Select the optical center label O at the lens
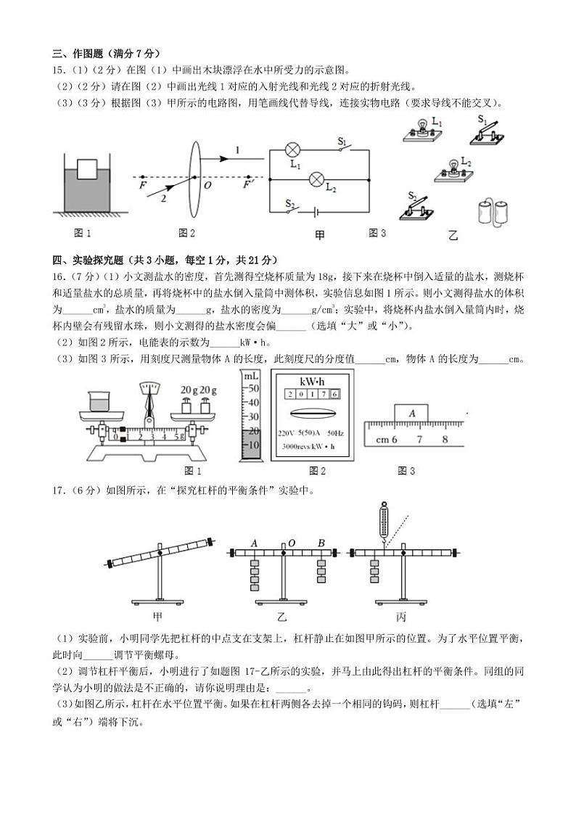(x=207, y=186)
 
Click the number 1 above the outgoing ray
(x=236, y=150)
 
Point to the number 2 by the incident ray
(x=164, y=197)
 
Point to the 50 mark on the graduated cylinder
(x=253, y=389)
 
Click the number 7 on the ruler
(x=419, y=439)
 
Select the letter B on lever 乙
(x=321, y=543)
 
